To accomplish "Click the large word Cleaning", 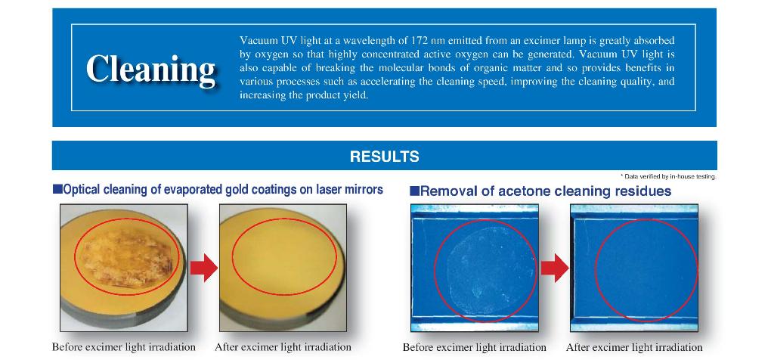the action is tap(150, 69).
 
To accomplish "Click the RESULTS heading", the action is tap(385, 157).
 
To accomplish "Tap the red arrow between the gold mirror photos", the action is tap(203, 268).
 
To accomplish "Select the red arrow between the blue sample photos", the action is tap(555, 268).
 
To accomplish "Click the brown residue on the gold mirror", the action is tap(126, 259).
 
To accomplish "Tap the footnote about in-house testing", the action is tap(667, 176).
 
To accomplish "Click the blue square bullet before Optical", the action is tap(57, 189).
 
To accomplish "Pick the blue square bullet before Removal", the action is tap(414, 191).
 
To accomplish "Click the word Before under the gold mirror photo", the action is tap(67, 347).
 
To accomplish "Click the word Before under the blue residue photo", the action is tap(418, 348).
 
